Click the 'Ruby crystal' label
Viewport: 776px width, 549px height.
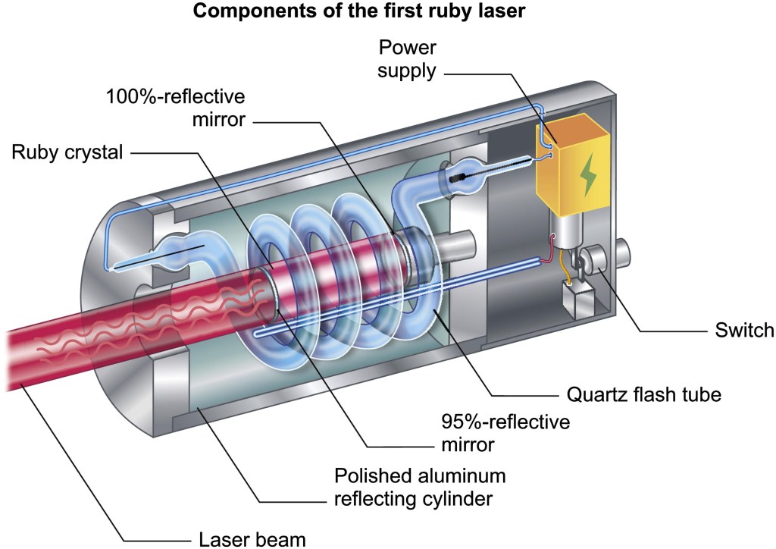pyautogui.click(x=67, y=152)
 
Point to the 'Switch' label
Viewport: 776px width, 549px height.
pyautogui.click(x=744, y=331)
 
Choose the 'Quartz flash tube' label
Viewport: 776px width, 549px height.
pyautogui.click(x=642, y=395)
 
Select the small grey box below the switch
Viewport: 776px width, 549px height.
pyautogui.click(x=577, y=299)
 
